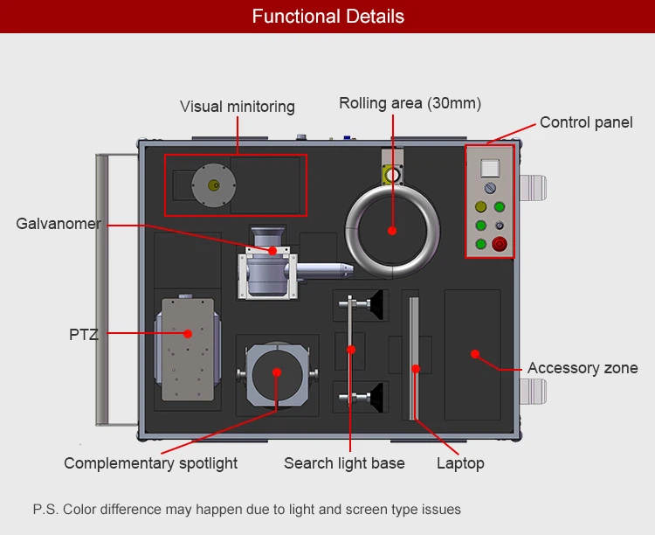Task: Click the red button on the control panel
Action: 500,244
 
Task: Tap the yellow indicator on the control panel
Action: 479,207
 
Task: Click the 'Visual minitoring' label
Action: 238,107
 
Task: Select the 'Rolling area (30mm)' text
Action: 410,103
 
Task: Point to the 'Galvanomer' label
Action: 59,224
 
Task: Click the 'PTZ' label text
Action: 84,333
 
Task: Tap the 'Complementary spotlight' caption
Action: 150,463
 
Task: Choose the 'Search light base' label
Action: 344,463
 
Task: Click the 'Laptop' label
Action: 460,463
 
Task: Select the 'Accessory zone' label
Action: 583,368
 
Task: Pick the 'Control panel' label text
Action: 586,122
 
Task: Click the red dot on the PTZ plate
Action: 187,333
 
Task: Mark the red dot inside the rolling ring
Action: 392,231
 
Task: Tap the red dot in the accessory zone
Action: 474,354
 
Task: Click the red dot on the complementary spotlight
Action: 277,372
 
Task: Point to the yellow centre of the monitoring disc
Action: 212,184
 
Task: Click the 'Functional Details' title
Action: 327,17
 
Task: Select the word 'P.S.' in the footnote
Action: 45,509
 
